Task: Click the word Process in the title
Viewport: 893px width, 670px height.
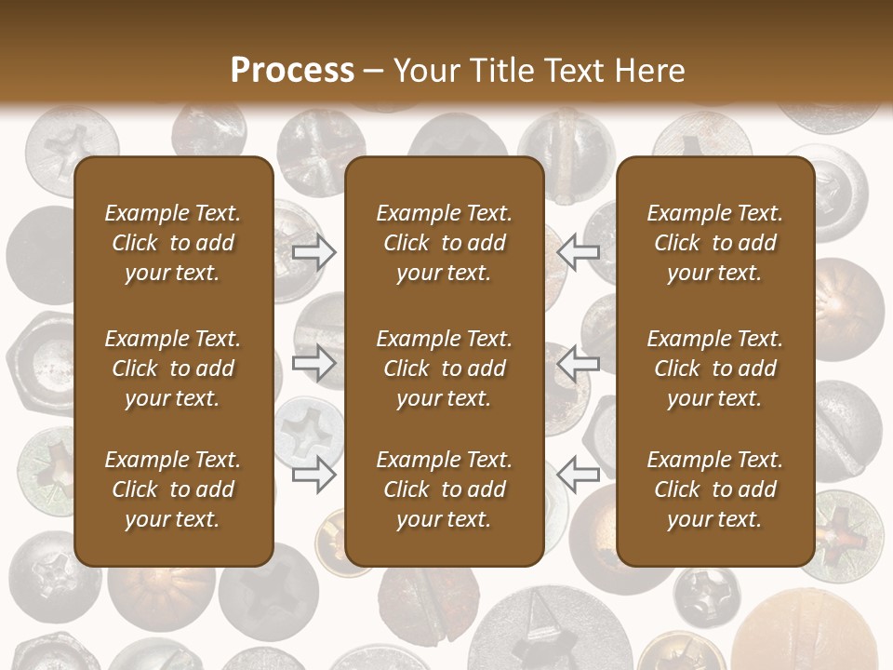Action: coord(292,71)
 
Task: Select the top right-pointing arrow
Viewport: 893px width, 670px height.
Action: coord(314,251)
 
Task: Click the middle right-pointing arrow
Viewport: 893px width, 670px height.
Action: coord(314,363)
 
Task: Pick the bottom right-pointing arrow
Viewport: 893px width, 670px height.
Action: coord(314,475)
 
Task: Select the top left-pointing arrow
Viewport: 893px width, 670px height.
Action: coord(579,251)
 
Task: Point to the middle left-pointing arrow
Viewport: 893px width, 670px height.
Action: coord(579,363)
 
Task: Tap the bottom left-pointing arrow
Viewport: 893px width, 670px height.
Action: coord(579,475)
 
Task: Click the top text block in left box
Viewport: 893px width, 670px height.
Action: coord(173,243)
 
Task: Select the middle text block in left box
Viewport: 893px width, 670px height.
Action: coord(173,368)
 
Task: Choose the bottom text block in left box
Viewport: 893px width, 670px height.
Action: coord(173,489)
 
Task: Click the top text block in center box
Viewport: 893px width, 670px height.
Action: coord(445,243)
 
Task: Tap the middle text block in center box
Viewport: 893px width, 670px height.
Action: coord(445,368)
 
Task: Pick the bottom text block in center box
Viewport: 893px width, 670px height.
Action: coord(445,489)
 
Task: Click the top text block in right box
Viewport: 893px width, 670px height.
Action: coord(715,243)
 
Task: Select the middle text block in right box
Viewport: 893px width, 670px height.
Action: coord(715,368)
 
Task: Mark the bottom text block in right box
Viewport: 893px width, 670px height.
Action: coord(715,489)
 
